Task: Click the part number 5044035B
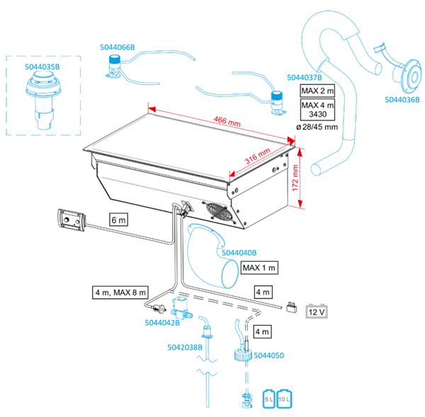click(x=42, y=67)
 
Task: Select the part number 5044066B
click(x=118, y=47)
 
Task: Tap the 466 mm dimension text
click(x=227, y=121)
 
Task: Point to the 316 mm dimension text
click(x=258, y=156)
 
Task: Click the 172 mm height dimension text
click(x=295, y=178)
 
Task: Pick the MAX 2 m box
click(x=317, y=91)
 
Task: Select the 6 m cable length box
click(x=118, y=219)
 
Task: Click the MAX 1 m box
click(x=259, y=268)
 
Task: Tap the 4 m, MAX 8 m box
click(x=120, y=292)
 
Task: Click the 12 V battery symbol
click(x=317, y=312)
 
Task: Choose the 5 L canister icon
click(x=268, y=399)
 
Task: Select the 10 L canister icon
click(x=284, y=399)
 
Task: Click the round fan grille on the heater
click(x=219, y=212)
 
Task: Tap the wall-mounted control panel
click(x=72, y=220)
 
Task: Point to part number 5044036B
click(x=402, y=100)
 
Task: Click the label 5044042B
click(x=162, y=323)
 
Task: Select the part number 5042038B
click(x=185, y=348)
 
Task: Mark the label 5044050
click(x=269, y=355)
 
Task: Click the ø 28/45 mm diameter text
click(x=317, y=127)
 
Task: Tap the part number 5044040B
click(x=239, y=253)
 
